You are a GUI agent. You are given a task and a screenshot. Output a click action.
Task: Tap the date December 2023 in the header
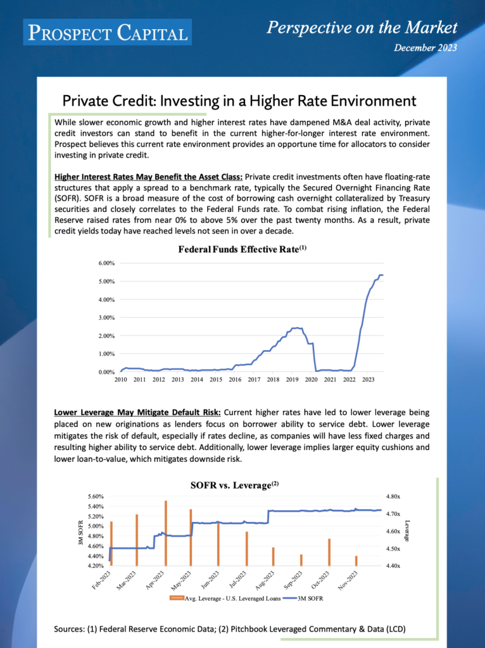coord(425,47)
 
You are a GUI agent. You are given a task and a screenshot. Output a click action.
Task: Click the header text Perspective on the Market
coord(362,27)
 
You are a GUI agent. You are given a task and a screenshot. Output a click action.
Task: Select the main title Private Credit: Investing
coord(239,101)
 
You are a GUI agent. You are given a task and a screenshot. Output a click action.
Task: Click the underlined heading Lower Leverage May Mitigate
coord(137,412)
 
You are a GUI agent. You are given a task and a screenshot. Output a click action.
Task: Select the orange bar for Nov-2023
coord(356,561)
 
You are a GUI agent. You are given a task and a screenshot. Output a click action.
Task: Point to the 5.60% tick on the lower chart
coord(95,497)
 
